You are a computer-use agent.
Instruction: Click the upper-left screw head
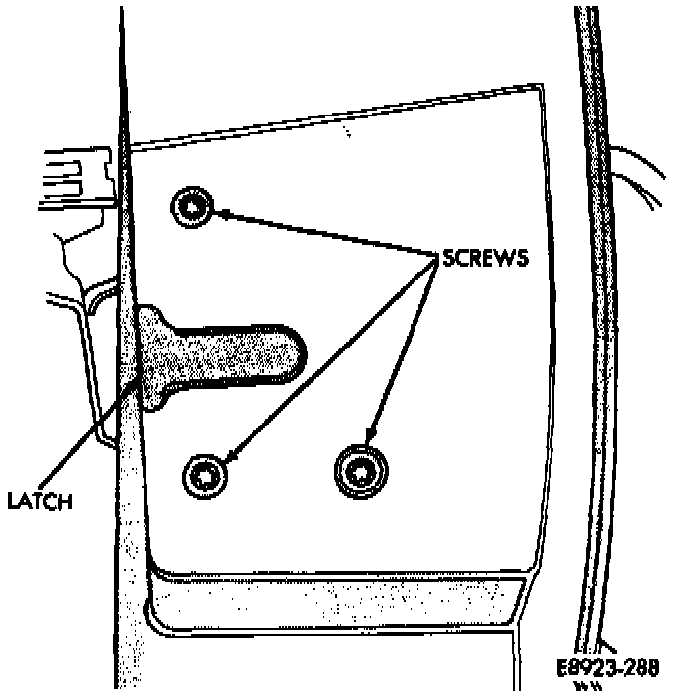click(x=191, y=206)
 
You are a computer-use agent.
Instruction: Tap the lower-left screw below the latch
click(x=205, y=476)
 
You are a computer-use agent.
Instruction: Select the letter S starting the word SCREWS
click(x=449, y=258)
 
